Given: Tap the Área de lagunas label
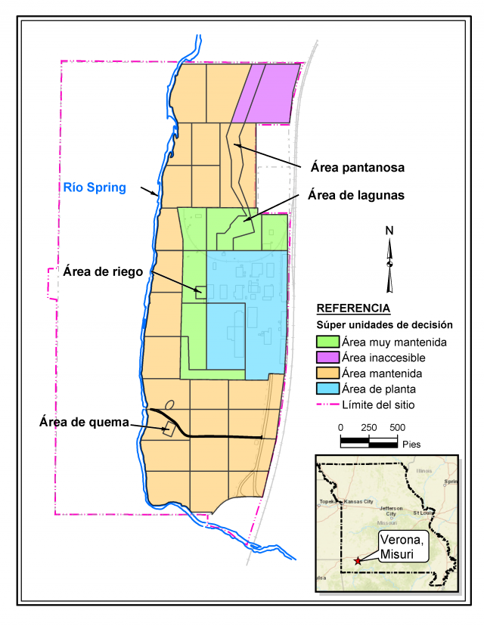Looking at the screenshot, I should coord(355,195).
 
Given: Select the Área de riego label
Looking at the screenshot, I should coord(103,271).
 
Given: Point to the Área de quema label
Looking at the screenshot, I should coord(83,421).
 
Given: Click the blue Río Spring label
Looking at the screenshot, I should coord(95,187).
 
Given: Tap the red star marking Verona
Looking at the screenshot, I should coord(357,561).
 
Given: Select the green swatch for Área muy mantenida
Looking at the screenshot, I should coord(327,342).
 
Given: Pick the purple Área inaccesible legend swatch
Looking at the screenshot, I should coord(327,358).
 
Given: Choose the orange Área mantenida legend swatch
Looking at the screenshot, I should coord(327,373).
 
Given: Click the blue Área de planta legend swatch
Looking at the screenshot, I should coord(327,389).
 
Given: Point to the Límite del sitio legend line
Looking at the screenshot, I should coord(327,405).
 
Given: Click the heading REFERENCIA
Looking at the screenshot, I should coord(353,308).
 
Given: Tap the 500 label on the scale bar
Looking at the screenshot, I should coord(397,427).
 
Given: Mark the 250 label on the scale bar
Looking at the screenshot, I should coord(368,427).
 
